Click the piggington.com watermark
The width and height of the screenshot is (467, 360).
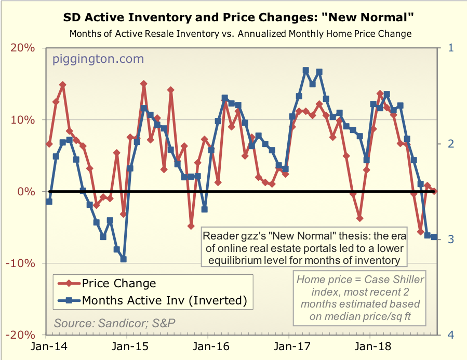point(98,59)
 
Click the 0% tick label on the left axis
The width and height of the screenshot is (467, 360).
point(25,192)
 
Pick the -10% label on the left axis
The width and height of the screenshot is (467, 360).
point(21,263)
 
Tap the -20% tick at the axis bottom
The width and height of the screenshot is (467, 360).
point(21,335)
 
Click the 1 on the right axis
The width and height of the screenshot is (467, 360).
point(450,48)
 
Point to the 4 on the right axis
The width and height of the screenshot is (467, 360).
point(450,335)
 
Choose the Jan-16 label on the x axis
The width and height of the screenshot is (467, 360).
point(208,345)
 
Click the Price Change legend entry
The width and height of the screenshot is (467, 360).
point(119,283)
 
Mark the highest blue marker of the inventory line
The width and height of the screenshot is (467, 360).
point(305,70)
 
